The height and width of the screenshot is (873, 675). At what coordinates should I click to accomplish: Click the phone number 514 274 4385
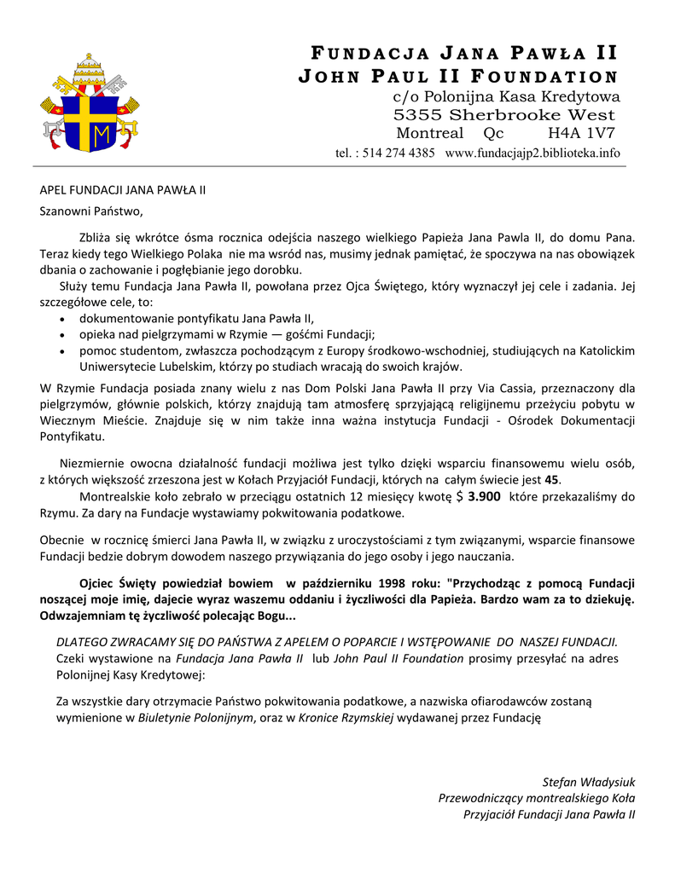[x=387, y=153]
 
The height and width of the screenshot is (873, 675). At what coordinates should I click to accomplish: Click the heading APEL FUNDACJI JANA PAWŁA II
[x=123, y=189]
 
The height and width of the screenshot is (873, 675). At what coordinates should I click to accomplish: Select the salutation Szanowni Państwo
[x=91, y=211]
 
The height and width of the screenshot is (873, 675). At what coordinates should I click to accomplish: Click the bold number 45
[x=551, y=480]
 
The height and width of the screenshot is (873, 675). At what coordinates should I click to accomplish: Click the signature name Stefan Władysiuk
[x=589, y=782]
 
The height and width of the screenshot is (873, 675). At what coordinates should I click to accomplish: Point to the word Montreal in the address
[x=430, y=133]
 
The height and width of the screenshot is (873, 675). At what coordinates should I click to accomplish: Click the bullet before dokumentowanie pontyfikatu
[x=65, y=319]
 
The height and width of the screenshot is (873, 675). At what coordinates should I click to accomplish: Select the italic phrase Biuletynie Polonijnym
[x=196, y=717]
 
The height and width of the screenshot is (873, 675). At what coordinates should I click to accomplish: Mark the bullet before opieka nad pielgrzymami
[x=65, y=335]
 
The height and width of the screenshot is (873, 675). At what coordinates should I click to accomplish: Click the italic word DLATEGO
[x=84, y=642]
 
